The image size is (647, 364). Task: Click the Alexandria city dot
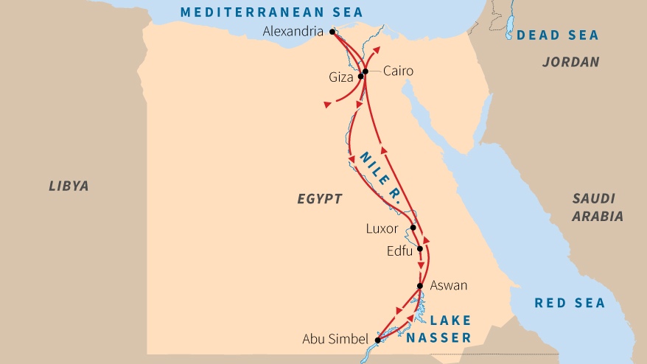[332, 32]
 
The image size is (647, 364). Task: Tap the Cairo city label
[399, 71]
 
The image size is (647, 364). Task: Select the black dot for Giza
[360, 76]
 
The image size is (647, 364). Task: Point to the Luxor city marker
[413, 228]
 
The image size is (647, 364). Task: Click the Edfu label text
[399, 251]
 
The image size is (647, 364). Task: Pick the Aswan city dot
[419, 286]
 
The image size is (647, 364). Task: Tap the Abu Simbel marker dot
[377, 340]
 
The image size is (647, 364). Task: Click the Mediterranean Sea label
[272, 11]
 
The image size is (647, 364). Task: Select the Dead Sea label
[557, 35]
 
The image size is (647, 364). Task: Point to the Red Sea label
[570, 303]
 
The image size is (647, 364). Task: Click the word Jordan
[570, 62]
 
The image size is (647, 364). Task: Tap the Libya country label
[69, 186]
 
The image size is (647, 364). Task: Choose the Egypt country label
[320, 198]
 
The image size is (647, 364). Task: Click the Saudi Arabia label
[598, 207]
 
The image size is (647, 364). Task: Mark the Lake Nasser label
[439, 329]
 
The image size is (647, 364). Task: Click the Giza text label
[342, 77]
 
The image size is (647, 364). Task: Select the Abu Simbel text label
[335, 340]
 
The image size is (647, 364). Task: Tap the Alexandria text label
[293, 32]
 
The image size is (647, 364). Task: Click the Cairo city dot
[365, 71]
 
